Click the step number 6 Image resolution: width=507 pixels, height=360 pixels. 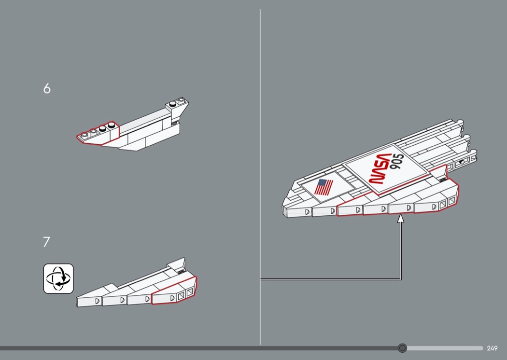coord(47,88)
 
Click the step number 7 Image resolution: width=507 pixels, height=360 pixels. coord(46,242)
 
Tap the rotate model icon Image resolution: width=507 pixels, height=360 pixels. coord(58,278)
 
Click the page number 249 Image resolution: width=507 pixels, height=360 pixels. coord(492,348)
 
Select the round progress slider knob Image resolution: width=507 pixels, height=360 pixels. coord(402,348)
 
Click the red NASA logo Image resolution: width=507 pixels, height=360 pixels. coord(380,169)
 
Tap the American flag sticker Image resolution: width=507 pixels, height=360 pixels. coord(324,187)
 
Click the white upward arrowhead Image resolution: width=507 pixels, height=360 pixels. coord(401,219)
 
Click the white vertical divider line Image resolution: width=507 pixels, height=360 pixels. coord(260,177)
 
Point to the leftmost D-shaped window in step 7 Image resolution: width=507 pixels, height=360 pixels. coord(98,301)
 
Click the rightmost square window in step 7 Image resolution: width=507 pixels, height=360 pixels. coord(189,292)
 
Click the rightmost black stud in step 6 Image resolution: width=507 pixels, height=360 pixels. coord(112,124)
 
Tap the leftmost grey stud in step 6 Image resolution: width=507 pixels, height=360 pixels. coord(84,134)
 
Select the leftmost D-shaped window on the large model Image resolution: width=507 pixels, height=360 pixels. coord(307,212)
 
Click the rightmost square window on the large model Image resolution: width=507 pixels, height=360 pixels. coord(451,201)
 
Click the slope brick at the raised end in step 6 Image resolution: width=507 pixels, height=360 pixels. coord(177,110)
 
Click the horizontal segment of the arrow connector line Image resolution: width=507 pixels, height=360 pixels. coord(330,279)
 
